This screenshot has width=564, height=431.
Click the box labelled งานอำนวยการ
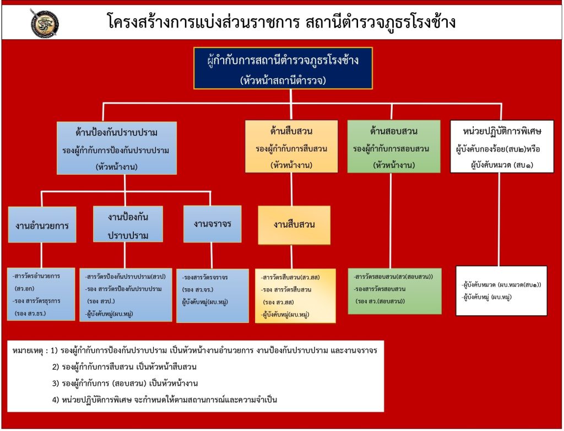pos(42,225)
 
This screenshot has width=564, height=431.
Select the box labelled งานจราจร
pos(212,224)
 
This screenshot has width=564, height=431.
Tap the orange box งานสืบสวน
pos(294,225)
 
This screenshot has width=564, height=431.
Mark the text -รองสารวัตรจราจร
pos(205,277)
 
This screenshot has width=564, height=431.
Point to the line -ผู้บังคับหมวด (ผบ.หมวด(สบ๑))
pos(501,285)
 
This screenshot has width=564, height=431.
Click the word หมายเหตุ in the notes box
pos(27,351)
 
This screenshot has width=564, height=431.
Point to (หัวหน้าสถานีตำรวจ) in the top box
pos(283,80)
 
